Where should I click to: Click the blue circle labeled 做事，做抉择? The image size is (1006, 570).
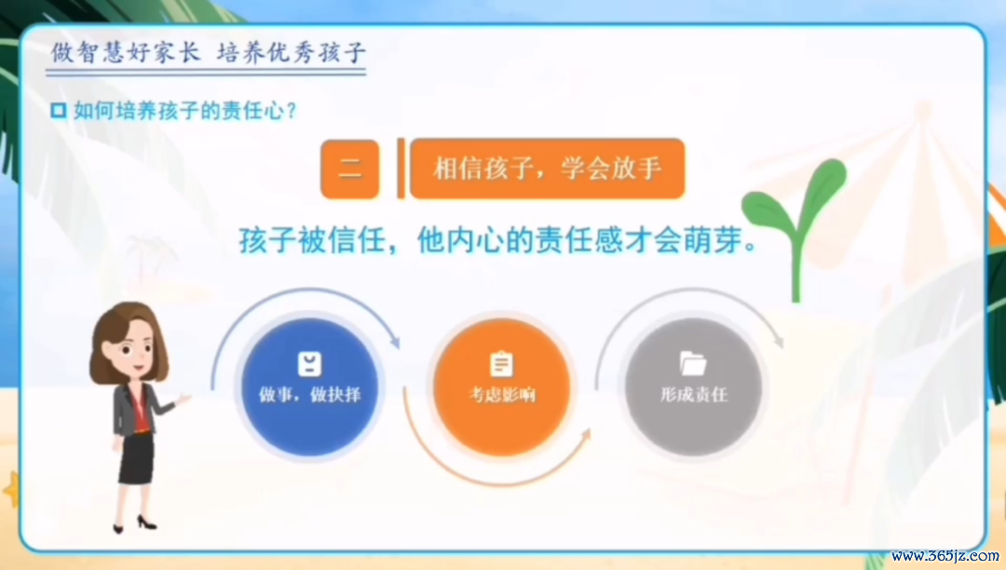tap(309, 387)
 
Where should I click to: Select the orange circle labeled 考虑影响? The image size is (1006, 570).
tap(502, 387)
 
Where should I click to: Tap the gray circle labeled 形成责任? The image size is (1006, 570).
tap(694, 387)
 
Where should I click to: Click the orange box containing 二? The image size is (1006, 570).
tap(349, 169)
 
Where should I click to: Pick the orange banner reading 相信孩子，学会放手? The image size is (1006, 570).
tap(548, 169)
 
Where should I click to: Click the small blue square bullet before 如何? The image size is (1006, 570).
tap(59, 110)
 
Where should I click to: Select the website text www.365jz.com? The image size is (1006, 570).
tap(945, 556)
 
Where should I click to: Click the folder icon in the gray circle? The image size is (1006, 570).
tap(693, 363)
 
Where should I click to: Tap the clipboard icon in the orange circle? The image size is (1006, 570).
tap(502, 363)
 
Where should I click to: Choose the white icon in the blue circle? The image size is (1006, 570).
tap(310, 363)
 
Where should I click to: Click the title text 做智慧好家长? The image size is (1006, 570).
tap(126, 52)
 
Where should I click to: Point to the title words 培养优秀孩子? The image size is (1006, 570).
tap(292, 52)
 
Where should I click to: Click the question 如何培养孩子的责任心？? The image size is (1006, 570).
tap(184, 110)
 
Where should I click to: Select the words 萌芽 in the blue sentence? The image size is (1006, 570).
tap(713, 240)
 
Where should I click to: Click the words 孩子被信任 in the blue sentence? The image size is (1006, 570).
tap(312, 240)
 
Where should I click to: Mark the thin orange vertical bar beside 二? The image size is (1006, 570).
tap(401, 169)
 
